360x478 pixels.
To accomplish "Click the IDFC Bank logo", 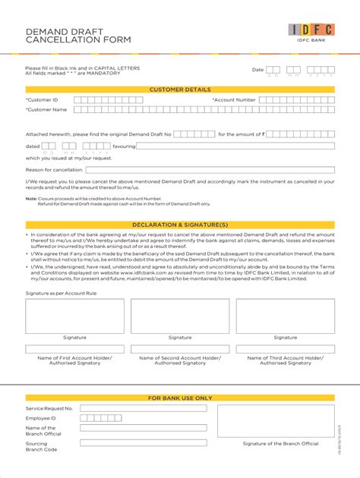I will click(x=311, y=33).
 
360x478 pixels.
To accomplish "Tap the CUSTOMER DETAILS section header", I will click(x=180, y=89).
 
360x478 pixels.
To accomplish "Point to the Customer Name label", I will click(x=46, y=109).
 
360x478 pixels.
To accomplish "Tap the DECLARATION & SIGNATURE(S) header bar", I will click(x=180, y=225).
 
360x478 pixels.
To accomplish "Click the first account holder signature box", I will click(x=74, y=316).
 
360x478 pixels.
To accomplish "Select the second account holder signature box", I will click(x=180, y=316).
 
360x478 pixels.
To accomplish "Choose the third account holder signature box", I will click(x=285, y=316).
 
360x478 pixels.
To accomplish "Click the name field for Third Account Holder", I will click(x=285, y=350).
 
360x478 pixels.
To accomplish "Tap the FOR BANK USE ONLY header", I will click(x=180, y=398).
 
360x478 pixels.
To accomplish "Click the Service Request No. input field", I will click(x=143, y=408).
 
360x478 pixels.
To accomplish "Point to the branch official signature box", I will click(x=275, y=421).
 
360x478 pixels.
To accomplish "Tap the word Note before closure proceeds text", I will click(x=31, y=199).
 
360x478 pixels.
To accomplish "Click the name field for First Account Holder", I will click(x=74, y=350).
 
